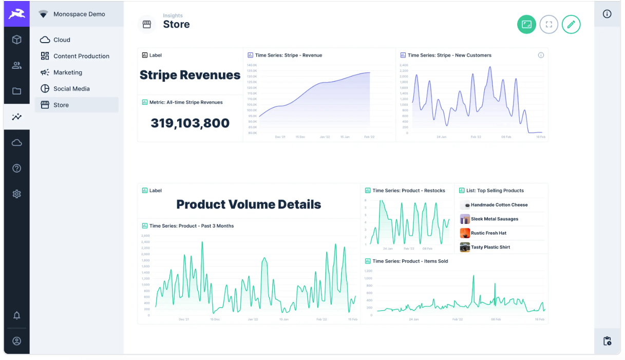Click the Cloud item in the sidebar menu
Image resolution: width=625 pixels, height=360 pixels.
pos(62,40)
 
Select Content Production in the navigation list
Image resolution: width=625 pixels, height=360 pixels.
pos(81,56)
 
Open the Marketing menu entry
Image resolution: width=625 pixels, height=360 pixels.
pos(67,72)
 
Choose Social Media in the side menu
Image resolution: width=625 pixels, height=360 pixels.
pos(71,89)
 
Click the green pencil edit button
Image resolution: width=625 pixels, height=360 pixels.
pos(571,24)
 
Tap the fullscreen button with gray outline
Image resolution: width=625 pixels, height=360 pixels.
pos(548,24)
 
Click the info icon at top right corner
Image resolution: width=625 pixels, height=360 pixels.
pos(607,14)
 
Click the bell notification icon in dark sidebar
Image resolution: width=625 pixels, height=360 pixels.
pos(17,315)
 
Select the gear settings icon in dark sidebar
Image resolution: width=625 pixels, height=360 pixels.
pos(17,194)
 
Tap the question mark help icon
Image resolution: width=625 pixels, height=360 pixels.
pos(17,168)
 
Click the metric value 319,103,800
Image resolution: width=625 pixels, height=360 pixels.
pos(190,123)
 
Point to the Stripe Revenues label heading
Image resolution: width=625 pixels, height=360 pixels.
pos(190,75)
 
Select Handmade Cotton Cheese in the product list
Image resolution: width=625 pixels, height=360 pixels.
pos(499,205)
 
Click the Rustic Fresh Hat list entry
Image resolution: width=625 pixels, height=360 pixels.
pos(488,233)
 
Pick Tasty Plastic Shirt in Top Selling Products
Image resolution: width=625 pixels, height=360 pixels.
pos(490,247)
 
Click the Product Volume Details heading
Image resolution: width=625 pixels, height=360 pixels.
pos(249,204)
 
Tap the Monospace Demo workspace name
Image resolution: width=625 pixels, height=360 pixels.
pos(79,14)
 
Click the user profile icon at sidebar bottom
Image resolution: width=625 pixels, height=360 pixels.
pos(17,341)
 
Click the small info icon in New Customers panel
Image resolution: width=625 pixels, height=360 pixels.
pos(541,55)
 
